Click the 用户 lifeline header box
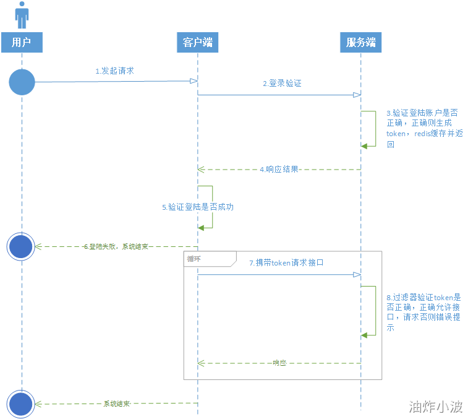[22, 42]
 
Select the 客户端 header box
[197, 42]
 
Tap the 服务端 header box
[361, 42]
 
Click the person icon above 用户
[22, 15]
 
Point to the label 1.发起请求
[114, 71]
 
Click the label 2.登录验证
[282, 83]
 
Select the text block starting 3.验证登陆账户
[423, 129]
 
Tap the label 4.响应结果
[279, 169]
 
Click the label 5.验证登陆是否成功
[197, 207]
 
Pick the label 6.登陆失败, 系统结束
[116, 246]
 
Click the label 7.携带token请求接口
[286, 262]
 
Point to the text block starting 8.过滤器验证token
[424, 313]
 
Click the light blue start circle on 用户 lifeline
[22, 82]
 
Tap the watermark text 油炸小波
[435, 407]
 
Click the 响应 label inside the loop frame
[279, 363]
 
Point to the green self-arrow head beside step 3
[365, 145]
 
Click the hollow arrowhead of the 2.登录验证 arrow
[357, 95]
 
